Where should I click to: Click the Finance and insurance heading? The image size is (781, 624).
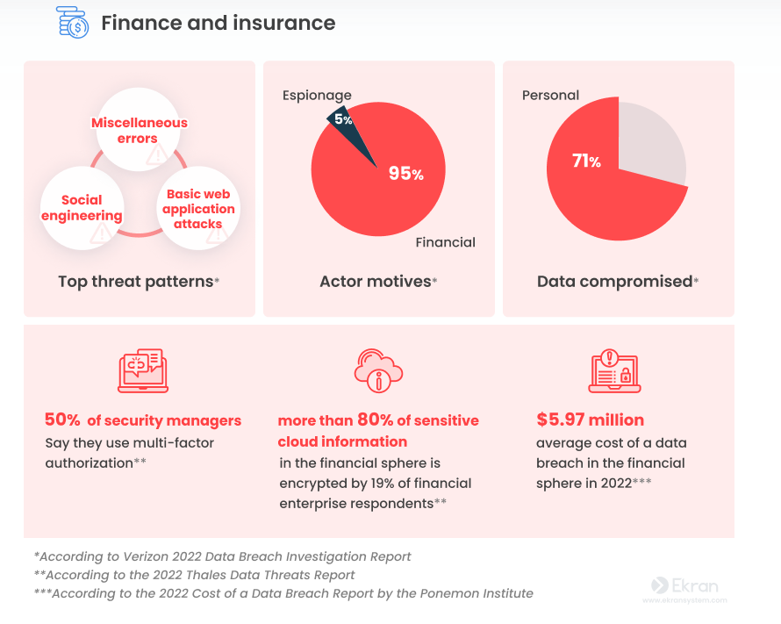(218, 23)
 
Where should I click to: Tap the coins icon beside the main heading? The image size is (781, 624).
(72, 23)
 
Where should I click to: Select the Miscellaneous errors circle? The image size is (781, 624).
(140, 132)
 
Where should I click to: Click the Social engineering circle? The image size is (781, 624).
(81, 208)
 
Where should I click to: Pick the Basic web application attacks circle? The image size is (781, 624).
(198, 208)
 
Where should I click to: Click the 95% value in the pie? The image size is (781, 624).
(405, 174)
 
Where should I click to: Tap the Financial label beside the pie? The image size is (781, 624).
(445, 242)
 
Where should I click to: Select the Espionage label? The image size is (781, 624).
(317, 95)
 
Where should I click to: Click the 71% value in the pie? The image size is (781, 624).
(586, 161)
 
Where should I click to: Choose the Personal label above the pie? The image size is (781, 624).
(550, 95)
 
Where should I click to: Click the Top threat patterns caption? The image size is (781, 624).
(138, 282)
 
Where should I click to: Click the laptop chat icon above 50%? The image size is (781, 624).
(142, 370)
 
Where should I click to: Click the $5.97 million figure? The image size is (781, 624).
(590, 420)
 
